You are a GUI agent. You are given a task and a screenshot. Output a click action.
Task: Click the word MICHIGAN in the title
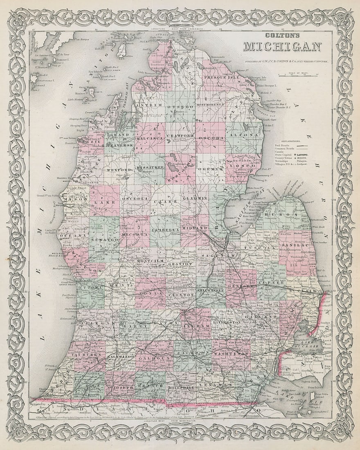[x=282, y=46]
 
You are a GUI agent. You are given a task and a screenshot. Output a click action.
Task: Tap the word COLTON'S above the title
[x=282, y=36]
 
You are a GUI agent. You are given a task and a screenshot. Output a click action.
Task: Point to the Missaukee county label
[x=151, y=167]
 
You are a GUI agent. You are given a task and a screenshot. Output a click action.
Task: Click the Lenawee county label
[x=212, y=385]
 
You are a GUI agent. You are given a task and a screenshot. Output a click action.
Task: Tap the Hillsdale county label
[x=180, y=385]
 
